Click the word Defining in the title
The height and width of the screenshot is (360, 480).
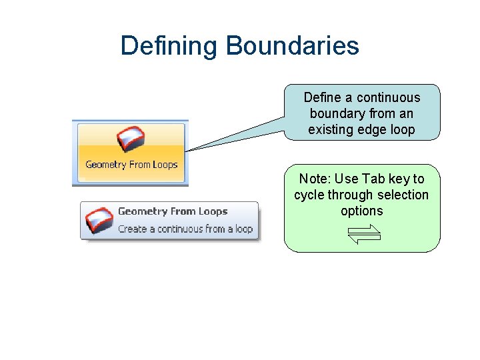click(169, 46)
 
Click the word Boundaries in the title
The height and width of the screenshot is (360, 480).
click(292, 46)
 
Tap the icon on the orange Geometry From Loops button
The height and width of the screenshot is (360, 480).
click(131, 139)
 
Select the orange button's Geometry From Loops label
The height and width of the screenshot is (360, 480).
click(131, 165)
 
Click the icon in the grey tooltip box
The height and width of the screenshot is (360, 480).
click(99, 220)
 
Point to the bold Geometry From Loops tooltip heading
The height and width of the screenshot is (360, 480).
click(173, 211)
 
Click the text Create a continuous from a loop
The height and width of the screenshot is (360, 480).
click(185, 229)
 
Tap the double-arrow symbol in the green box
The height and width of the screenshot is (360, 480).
click(363, 234)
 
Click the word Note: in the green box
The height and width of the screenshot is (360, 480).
click(313, 179)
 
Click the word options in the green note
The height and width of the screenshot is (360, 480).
click(361, 211)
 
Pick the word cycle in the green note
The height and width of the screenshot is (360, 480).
click(309, 195)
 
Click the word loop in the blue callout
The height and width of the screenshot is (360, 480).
click(402, 129)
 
